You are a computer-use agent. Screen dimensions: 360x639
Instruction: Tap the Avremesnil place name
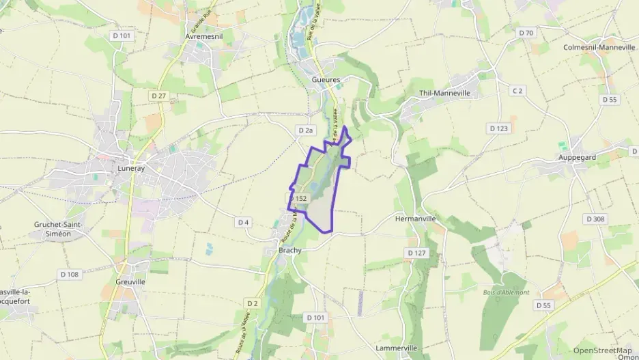pyautogui.click(x=204, y=36)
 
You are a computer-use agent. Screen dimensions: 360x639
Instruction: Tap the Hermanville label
pyautogui.click(x=415, y=219)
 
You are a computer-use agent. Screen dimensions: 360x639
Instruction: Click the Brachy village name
pyautogui.click(x=290, y=251)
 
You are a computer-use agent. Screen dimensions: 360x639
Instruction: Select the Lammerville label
pyautogui.click(x=397, y=348)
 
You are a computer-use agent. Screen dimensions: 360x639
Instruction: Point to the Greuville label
pyautogui.click(x=130, y=281)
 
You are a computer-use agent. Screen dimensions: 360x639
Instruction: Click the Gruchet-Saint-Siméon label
pyautogui.click(x=62, y=228)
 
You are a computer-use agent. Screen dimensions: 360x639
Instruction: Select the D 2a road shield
pyautogui.click(x=305, y=130)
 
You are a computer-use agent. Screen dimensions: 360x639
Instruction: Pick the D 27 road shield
pyautogui.click(x=158, y=96)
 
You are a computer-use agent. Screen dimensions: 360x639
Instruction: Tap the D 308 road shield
pyautogui.click(x=595, y=219)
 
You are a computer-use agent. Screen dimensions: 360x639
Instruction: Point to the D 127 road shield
pyautogui.click(x=416, y=253)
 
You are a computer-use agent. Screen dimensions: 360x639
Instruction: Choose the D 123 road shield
pyautogui.click(x=498, y=128)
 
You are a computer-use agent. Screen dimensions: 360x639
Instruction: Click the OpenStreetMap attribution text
pyautogui.click(x=603, y=350)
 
